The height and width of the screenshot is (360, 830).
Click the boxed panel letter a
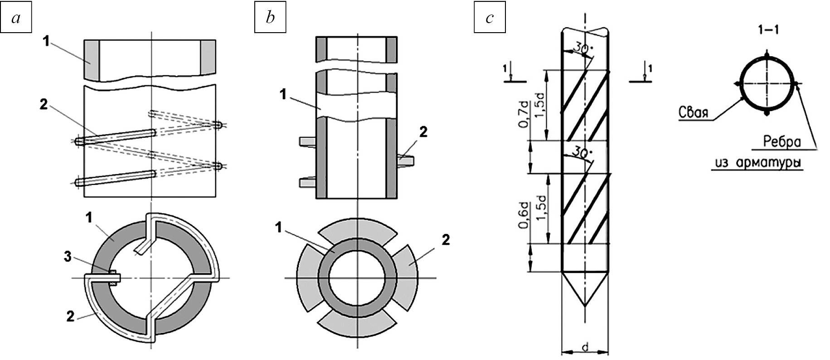coord(16,19)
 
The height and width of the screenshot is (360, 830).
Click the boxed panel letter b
coord(270,19)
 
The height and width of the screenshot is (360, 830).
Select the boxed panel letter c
coord(490,19)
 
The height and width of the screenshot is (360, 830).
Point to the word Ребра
coord(782,142)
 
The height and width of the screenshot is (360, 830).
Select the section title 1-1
coord(766,31)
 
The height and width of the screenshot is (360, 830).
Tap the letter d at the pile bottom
coord(585,348)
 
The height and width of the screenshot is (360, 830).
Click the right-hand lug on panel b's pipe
coord(406,159)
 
